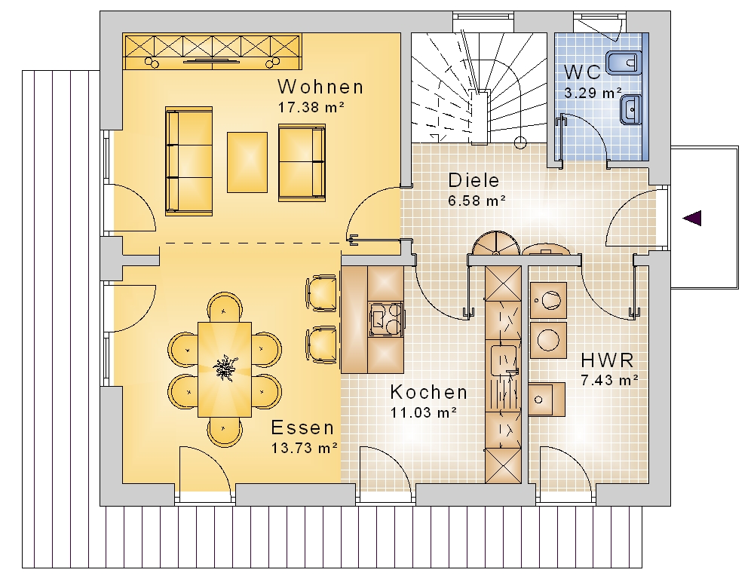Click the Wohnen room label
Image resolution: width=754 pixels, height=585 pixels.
pyautogui.click(x=320, y=87)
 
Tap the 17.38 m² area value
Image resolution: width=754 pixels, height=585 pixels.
pyautogui.click(x=311, y=107)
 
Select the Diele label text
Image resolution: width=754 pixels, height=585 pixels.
pyautogui.click(x=474, y=180)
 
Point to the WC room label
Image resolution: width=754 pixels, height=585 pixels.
pyautogui.click(x=582, y=72)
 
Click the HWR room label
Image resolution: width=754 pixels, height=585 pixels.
pyautogui.click(x=607, y=360)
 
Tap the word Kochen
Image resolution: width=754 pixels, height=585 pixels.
pyautogui.click(x=428, y=392)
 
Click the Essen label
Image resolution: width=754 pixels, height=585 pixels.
pyautogui.click(x=302, y=427)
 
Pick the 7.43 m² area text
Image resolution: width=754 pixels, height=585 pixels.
pyautogui.click(x=610, y=381)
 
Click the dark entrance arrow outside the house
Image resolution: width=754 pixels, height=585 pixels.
pyautogui.click(x=692, y=218)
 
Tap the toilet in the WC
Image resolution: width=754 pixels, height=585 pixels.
pyautogui.click(x=624, y=63)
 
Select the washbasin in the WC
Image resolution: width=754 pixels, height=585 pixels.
pyautogui.click(x=630, y=109)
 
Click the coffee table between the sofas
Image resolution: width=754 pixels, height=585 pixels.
pyautogui.click(x=247, y=163)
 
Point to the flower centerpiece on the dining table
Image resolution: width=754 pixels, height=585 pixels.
pyautogui.click(x=225, y=368)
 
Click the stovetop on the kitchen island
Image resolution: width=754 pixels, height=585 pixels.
pyautogui.click(x=386, y=320)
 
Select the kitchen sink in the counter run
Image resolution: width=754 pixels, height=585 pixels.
pyautogui.click(x=503, y=360)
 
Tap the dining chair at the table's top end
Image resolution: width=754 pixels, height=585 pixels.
pyautogui.click(x=225, y=307)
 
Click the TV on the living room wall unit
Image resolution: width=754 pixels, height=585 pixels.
pyautogui.click(x=212, y=60)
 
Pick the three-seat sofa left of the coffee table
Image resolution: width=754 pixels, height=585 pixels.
pyautogui.click(x=189, y=161)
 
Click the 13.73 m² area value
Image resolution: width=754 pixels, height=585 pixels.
pyautogui.click(x=305, y=448)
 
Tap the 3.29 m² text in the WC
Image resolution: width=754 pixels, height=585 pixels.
pyautogui.click(x=593, y=92)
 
